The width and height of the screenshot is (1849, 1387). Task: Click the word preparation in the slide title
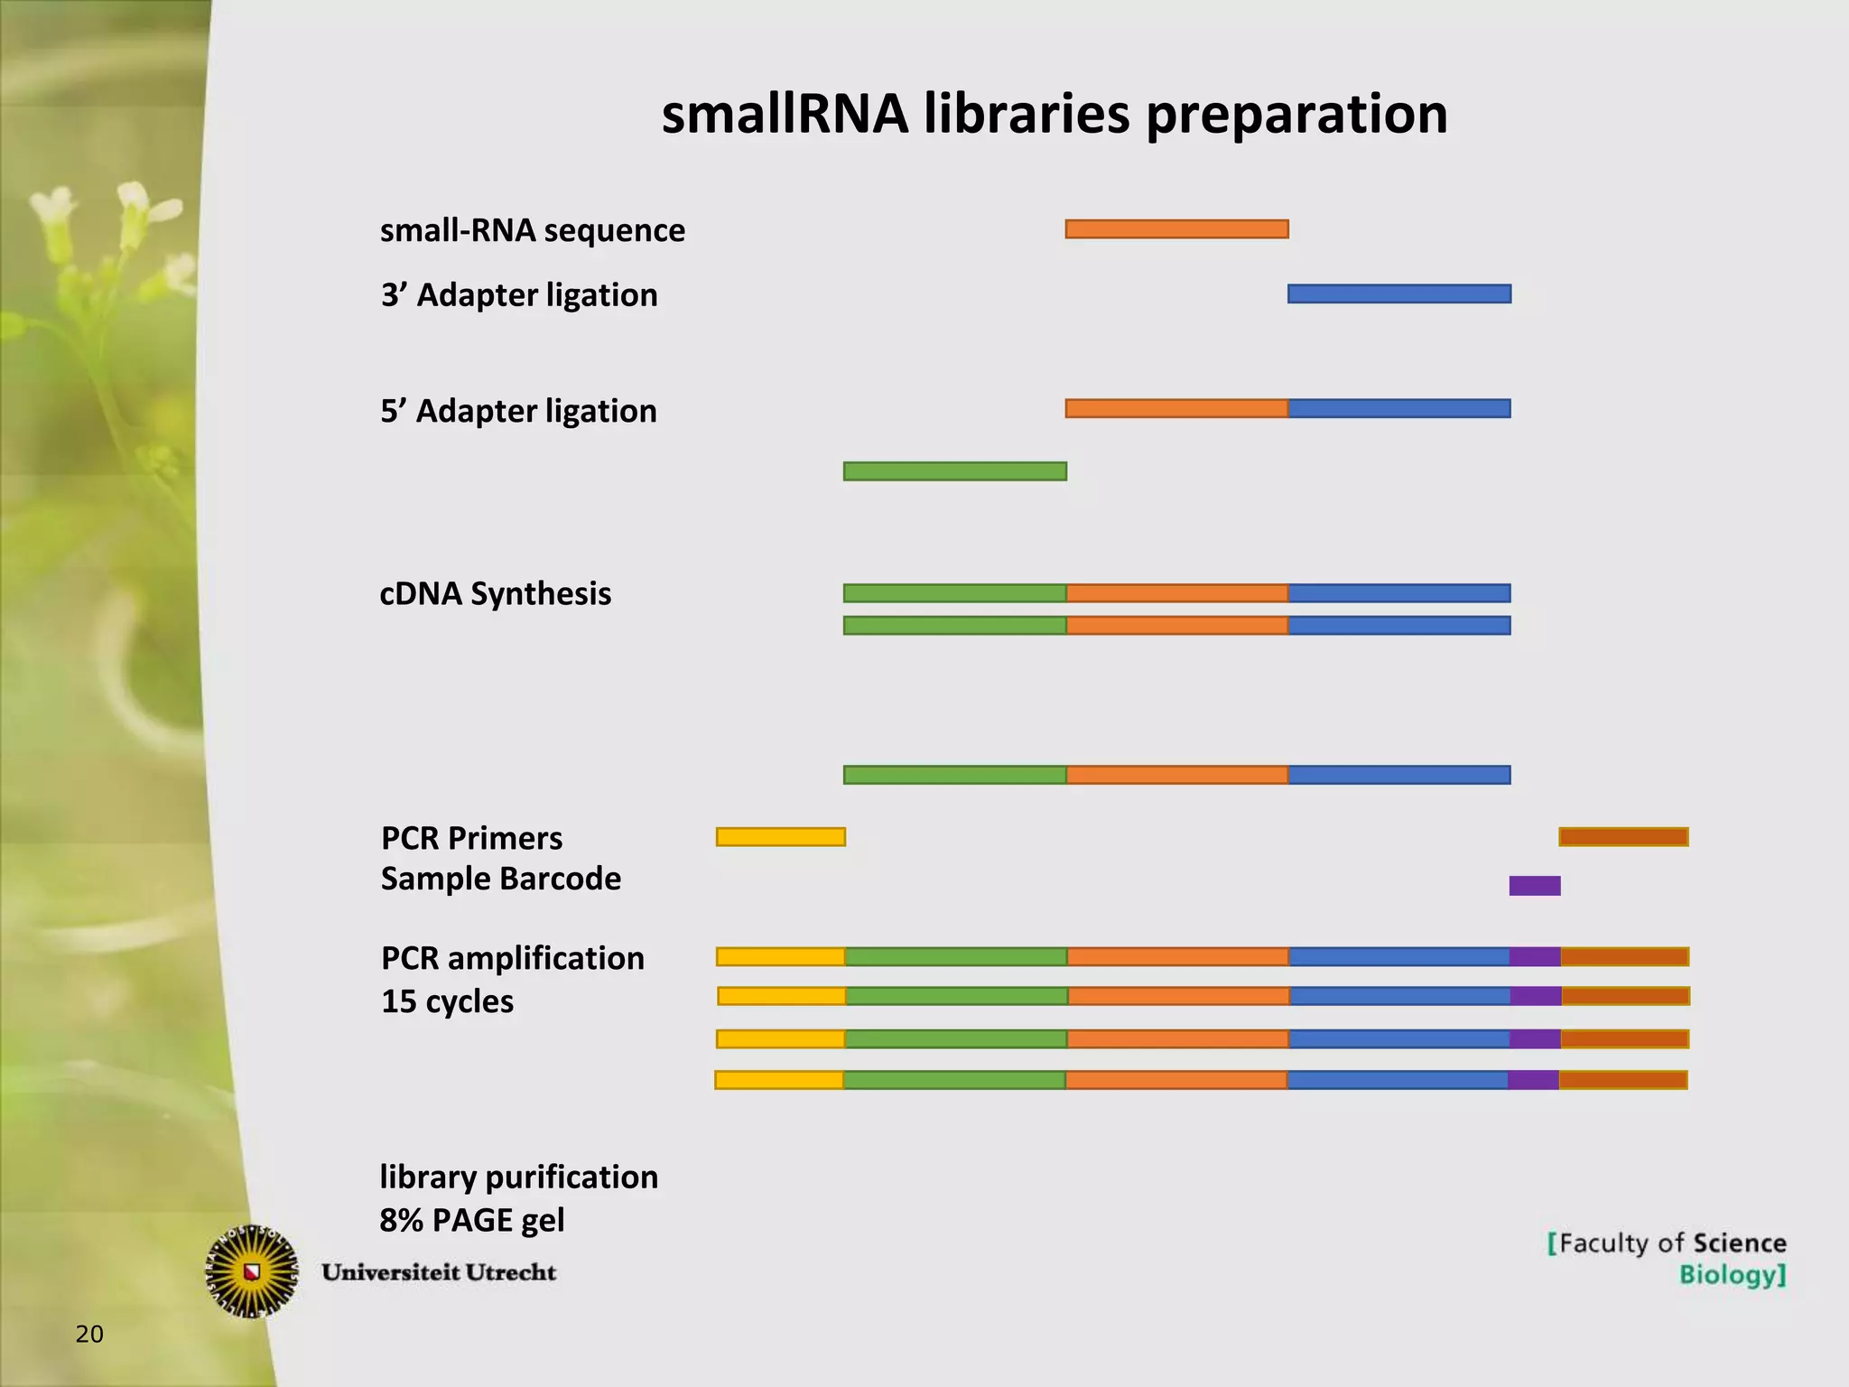coord(1296,116)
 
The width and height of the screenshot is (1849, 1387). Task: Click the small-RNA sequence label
coord(532,230)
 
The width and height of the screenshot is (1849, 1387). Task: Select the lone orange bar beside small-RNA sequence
coord(1176,228)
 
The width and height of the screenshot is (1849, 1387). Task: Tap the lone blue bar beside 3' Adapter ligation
coord(1398,293)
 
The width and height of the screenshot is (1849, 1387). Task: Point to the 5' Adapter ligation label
coord(518,411)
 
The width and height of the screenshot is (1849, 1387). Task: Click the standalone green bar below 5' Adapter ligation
coord(954,471)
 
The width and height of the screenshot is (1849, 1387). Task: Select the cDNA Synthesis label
coord(495,593)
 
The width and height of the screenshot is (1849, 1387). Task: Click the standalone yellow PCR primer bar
coord(780,837)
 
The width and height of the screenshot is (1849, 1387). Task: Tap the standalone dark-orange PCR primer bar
coord(1622,837)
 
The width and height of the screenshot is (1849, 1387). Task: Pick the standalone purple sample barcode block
coord(1534,886)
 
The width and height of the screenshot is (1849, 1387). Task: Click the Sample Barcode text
coord(500,879)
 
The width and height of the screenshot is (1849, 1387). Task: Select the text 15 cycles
coord(447,1001)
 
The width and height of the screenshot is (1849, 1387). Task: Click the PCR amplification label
coord(512,958)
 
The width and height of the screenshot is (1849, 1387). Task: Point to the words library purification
coord(518,1178)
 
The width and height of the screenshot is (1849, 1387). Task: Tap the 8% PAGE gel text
coord(471,1220)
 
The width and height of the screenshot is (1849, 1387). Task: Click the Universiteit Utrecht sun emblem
coord(252,1271)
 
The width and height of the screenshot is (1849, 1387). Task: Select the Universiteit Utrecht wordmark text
coord(439,1272)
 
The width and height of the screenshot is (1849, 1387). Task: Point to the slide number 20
coord(89,1334)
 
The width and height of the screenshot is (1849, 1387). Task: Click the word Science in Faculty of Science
coord(1739,1243)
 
